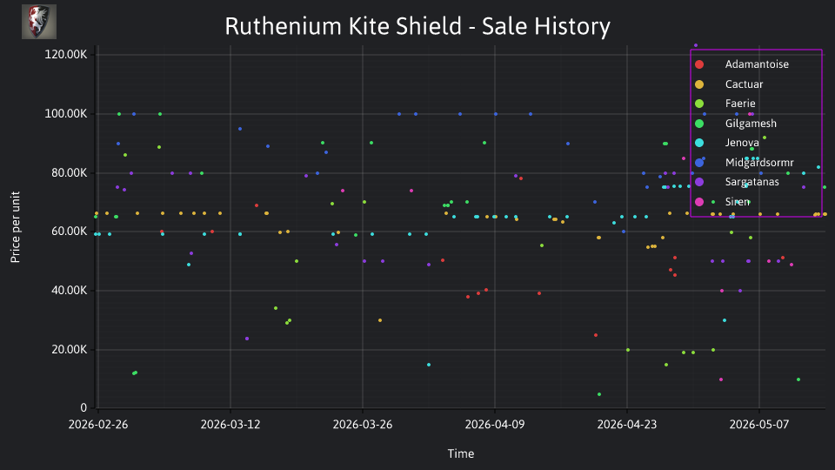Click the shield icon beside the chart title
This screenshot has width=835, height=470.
39,22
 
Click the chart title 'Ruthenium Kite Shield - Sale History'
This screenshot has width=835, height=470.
417,26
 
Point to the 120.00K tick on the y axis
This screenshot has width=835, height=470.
65,54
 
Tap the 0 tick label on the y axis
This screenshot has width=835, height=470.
83,407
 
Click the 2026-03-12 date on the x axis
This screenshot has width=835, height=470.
230,425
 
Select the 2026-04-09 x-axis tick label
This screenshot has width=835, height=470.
495,425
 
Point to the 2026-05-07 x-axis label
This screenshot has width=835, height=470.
759,425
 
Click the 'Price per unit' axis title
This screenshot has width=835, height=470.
16,227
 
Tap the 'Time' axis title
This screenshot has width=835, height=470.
461,453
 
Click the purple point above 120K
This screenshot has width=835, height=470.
696,45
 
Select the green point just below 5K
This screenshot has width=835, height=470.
599,394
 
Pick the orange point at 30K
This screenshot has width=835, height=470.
380,320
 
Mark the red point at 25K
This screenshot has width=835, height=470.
595,335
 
